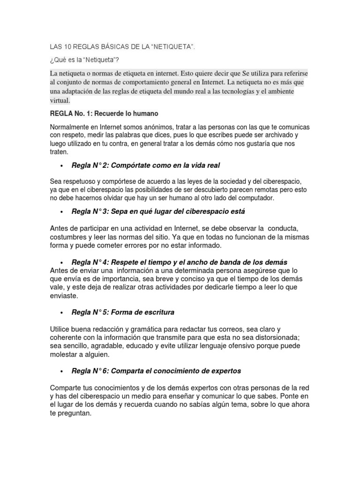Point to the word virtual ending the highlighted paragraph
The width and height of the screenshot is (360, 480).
60,100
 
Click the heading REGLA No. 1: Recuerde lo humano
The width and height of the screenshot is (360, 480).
104,114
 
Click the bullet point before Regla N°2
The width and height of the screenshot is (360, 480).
62,166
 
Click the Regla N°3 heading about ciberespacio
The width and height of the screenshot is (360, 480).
152,212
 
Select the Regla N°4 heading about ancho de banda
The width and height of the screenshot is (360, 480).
180,262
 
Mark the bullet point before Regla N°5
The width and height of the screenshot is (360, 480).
62,313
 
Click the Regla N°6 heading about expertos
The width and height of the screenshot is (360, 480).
156,371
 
